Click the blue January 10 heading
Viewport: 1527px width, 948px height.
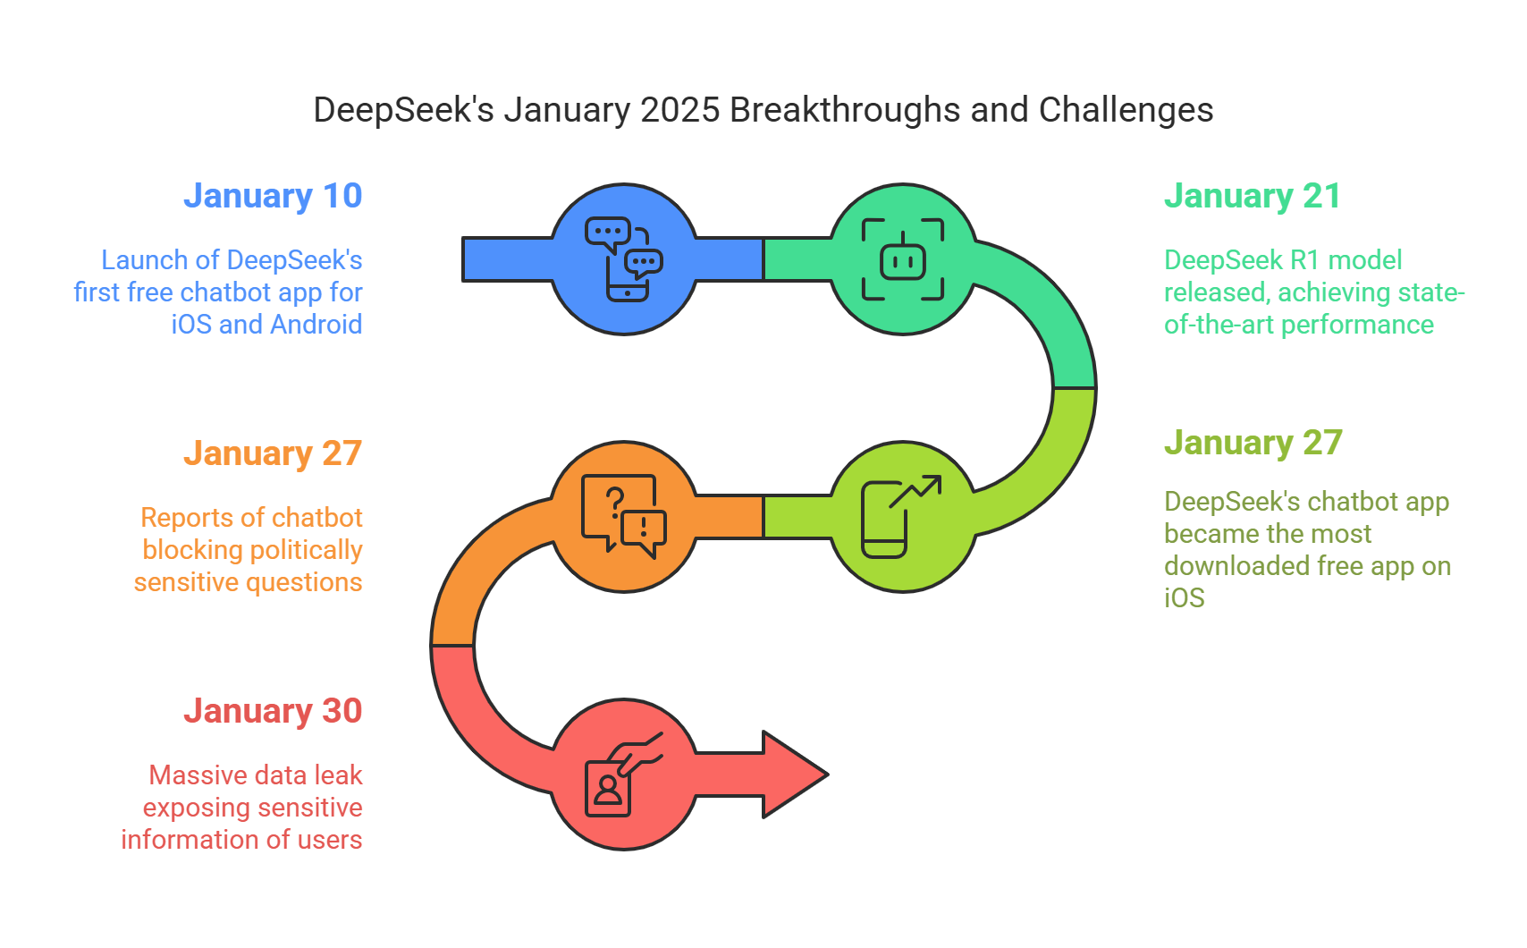273,196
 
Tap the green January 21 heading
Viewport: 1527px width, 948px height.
1252,196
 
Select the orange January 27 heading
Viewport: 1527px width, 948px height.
273,453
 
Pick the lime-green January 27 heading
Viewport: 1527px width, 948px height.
1253,443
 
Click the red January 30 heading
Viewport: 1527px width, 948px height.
273,711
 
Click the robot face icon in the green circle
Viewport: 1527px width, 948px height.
903,259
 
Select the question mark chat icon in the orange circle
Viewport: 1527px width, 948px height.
624,516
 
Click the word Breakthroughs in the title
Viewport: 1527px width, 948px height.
845,110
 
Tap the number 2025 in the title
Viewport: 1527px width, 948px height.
679,110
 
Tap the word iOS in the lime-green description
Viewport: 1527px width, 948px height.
1184,597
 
